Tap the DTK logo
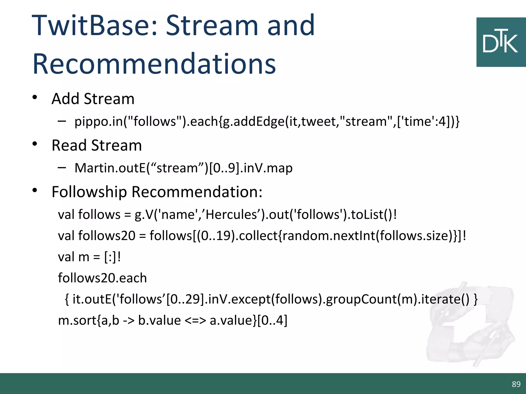(x=501, y=42)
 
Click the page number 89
(x=516, y=384)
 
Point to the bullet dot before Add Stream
(x=35, y=98)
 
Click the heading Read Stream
(x=97, y=145)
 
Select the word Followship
(x=89, y=192)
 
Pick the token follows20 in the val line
(x=107, y=235)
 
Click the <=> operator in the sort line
(x=195, y=320)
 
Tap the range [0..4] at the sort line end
(x=272, y=320)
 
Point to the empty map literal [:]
(x=110, y=257)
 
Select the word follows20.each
(x=102, y=278)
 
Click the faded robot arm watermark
(x=470, y=326)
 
